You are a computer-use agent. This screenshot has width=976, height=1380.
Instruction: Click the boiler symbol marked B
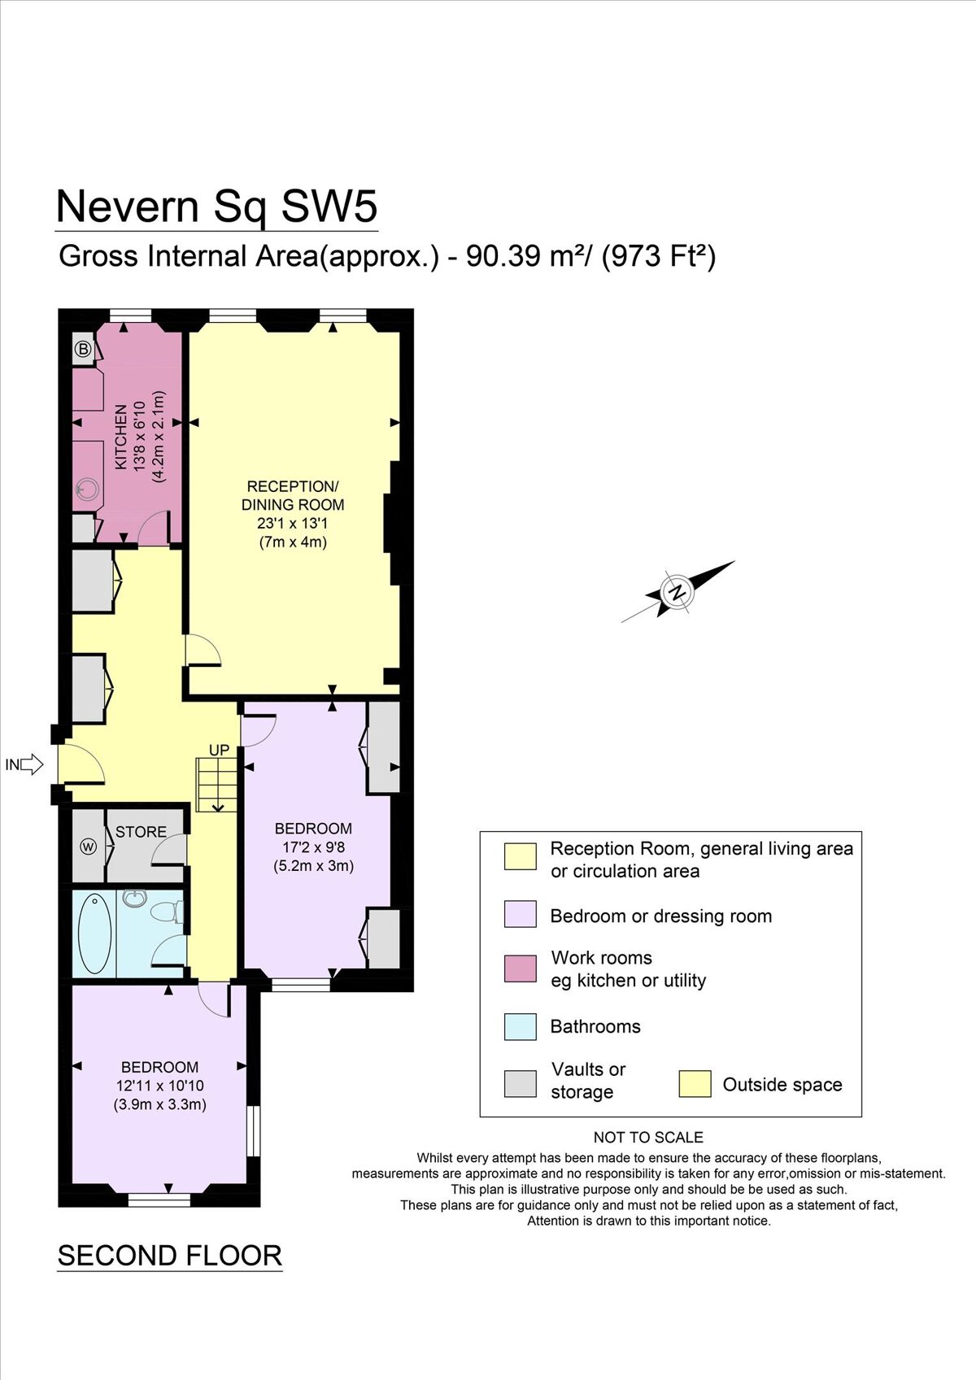tap(83, 350)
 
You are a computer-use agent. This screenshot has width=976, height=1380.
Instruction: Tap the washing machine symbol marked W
tap(88, 847)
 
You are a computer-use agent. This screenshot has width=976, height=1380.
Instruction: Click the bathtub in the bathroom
tap(94, 934)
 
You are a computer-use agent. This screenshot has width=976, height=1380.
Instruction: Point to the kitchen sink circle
tap(86, 489)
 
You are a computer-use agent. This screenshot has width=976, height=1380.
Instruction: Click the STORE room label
tap(141, 832)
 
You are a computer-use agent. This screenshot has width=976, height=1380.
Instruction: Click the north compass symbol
tap(677, 591)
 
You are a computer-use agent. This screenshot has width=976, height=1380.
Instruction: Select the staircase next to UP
tap(216, 785)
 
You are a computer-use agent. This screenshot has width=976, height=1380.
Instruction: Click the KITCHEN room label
tap(121, 437)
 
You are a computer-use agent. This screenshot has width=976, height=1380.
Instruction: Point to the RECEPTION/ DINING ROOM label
tap(293, 495)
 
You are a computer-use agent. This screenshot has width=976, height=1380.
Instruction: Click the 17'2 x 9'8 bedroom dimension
tap(313, 847)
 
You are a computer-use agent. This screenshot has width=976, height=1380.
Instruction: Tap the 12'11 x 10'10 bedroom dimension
tap(159, 1086)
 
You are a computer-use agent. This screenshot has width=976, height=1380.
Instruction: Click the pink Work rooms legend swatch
tap(521, 969)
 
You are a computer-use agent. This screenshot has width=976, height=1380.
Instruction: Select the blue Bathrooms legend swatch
tap(521, 1026)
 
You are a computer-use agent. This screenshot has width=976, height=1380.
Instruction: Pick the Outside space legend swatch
tap(695, 1084)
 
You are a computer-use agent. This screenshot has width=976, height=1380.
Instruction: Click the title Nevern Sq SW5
tap(216, 207)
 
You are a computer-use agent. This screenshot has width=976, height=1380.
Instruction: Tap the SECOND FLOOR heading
tap(169, 1256)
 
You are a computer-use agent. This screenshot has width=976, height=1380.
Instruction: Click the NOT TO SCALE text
tap(648, 1137)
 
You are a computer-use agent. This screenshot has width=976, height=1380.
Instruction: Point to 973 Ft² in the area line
tap(659, 257)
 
